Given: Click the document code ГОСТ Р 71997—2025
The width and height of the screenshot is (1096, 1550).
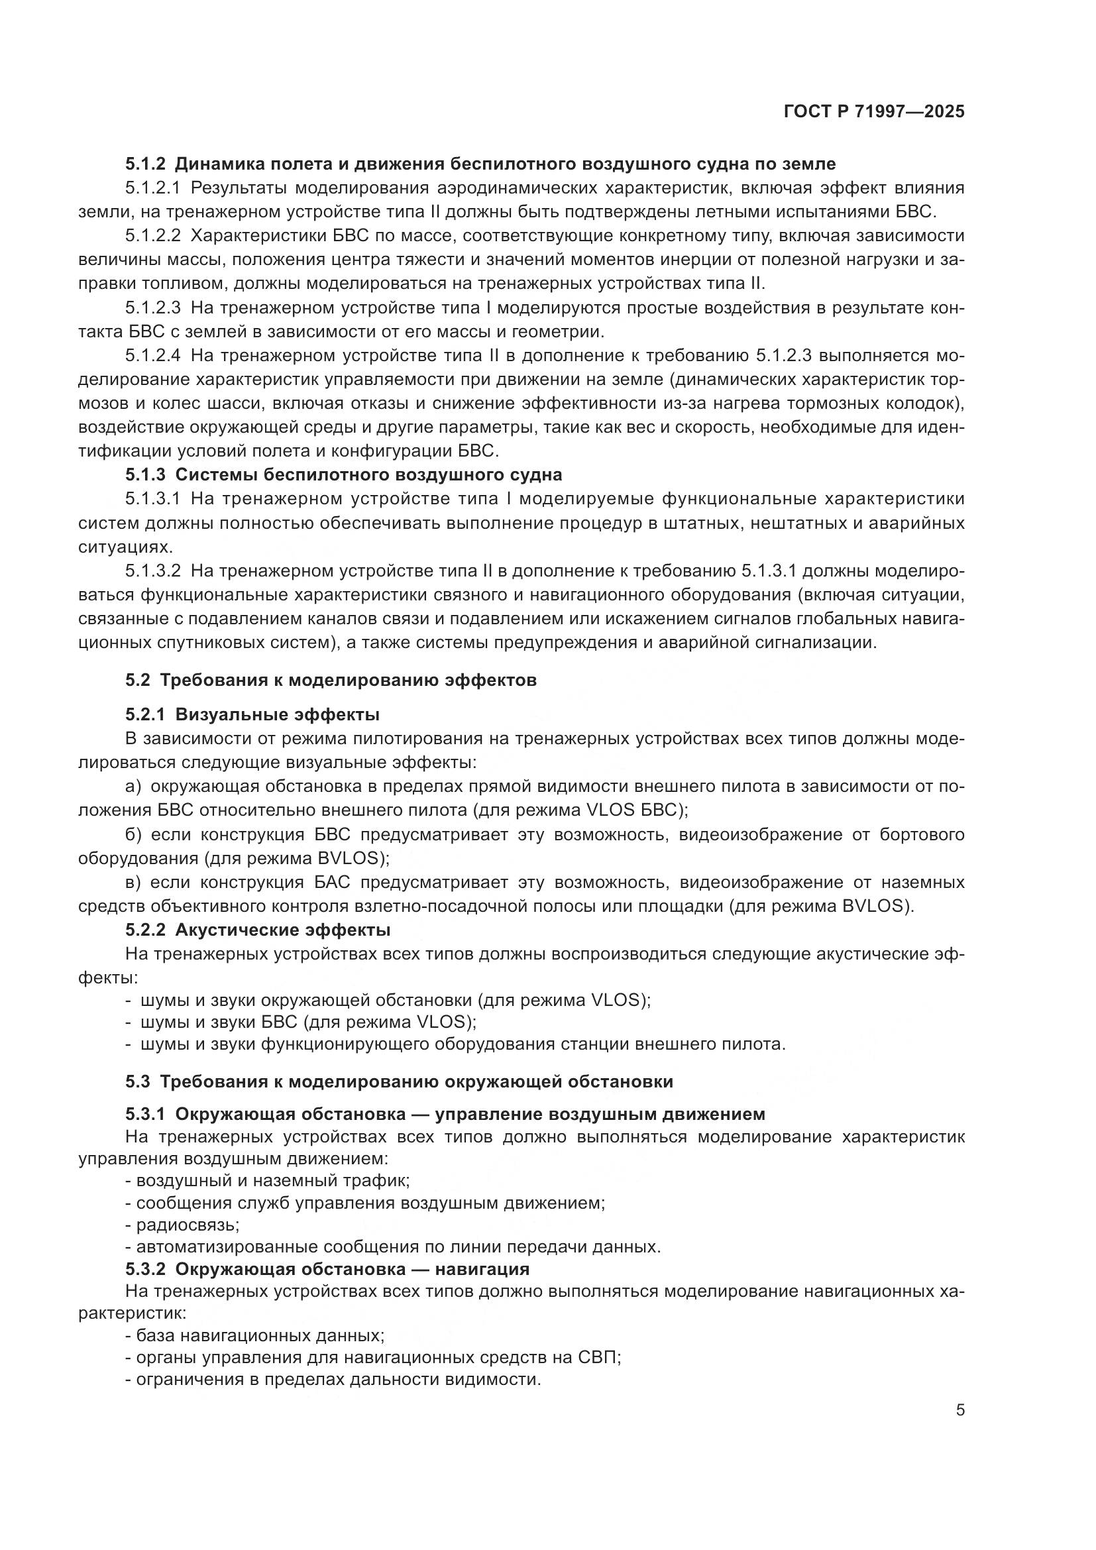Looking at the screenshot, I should pyautogui.click(x=874, y=112).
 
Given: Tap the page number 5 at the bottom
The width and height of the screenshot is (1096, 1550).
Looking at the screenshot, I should pyautogui.click(x=959, y=1410).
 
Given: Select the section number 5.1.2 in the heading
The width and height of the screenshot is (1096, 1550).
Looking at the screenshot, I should pyautogui.click(x=145, y=164).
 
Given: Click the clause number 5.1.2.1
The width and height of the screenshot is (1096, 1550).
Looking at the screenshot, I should pyautogui.click(x=153, y=188).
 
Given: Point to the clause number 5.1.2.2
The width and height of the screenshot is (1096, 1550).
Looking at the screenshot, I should pyautogui.click(x=153, y=236).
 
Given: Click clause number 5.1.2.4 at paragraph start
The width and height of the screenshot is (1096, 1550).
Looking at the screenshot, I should pyautogui.click(x=153, y=356).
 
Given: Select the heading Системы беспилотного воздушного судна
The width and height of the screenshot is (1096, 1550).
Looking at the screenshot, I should pyautogui.click(x=368, y=474).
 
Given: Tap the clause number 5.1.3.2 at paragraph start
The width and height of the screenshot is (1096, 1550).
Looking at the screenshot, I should pyautogui.click(x=153, y=571).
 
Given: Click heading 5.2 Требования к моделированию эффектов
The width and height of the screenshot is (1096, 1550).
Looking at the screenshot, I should pyautogui.click(x=331, y=680).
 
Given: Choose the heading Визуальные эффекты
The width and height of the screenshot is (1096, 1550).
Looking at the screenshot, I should pyautogui.click(x=278, y=714).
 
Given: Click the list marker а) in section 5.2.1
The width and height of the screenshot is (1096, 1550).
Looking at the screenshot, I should pyautogui.click(x=133, y=787).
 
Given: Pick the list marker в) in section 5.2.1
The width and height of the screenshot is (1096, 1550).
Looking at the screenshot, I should pyautogui.click(x=133, y=882).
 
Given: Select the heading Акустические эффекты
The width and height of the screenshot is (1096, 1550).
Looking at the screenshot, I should pyautogui.click(x=283, y=930).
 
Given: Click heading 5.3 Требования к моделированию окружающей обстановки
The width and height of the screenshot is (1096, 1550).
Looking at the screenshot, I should pyautogui.click(x=399, y=1081).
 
